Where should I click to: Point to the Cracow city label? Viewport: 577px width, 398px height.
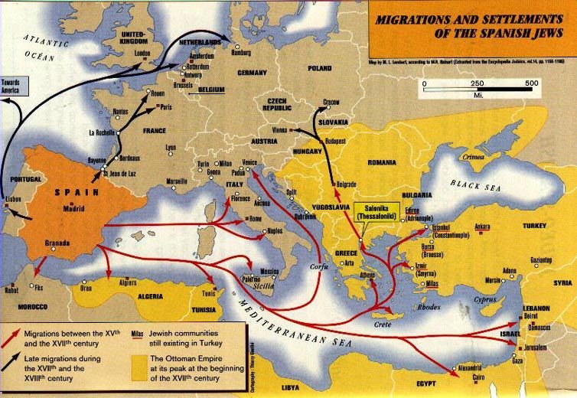pyautogui.click(x=331, y=102)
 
